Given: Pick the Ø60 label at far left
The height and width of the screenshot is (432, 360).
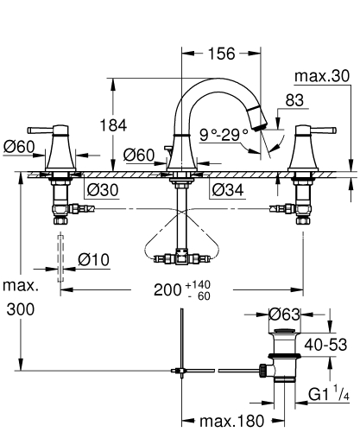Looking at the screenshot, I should (x=19, y=148).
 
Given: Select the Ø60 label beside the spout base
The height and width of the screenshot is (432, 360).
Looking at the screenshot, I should (x=138, y=155).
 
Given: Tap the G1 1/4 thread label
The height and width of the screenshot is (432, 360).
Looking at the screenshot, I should (x=329, y=395).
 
